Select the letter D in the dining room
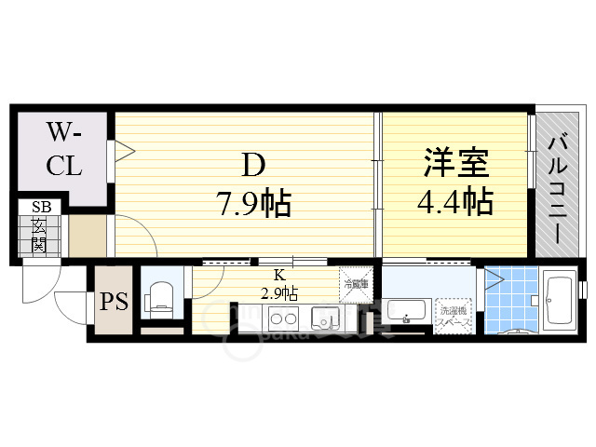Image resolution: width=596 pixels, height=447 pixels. [253, 166]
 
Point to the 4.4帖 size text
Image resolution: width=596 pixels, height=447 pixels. [454, 201]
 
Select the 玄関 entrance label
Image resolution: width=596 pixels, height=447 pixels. [39, 237]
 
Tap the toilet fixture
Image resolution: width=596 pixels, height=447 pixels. [160, 296]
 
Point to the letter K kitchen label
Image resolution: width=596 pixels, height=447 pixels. [278, 276]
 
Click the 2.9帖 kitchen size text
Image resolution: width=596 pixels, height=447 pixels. [279, 292]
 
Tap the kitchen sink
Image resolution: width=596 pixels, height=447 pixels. [326, 318]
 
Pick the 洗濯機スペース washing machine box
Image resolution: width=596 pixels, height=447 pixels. [455, 315]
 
